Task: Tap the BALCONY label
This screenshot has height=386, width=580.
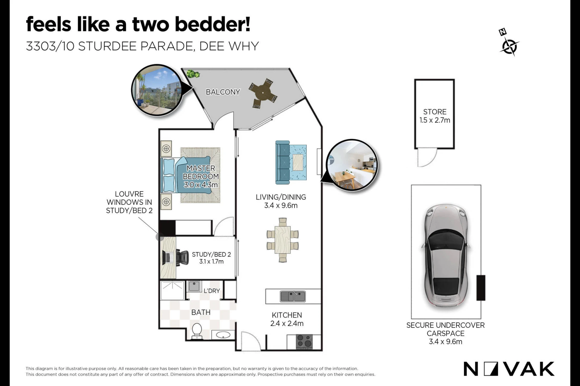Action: (223, 92)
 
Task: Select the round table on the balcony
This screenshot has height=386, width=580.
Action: (263, 93)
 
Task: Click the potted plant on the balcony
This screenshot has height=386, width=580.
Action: (193, 73)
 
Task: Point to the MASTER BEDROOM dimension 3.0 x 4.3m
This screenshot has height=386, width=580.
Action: (201, 185)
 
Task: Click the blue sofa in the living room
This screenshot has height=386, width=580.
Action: (283, 162)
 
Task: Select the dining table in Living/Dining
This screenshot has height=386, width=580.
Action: (282, 240)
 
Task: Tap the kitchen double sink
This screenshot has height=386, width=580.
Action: (293, 296)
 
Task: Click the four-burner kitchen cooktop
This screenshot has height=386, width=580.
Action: (304, 342)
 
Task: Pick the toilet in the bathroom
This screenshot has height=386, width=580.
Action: (197, 331)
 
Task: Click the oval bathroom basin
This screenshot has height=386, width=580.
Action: (223, 335)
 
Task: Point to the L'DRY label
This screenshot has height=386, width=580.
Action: (212, 291)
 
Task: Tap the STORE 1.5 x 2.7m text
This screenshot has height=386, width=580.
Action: (435, 116)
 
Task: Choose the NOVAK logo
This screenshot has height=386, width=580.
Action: (509, 369)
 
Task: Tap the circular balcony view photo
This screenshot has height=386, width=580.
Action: (157, 90)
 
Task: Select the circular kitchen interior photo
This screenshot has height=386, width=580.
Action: (352, 165)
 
